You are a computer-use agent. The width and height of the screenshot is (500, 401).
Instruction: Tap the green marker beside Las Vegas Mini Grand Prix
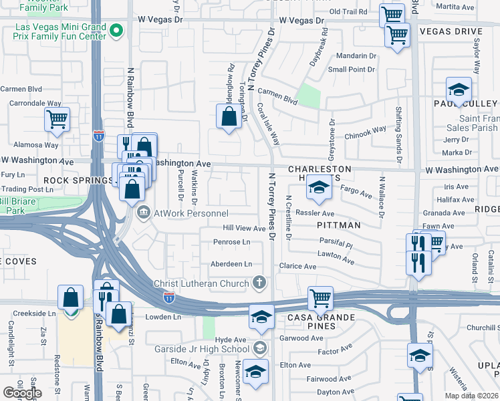pos(116,30)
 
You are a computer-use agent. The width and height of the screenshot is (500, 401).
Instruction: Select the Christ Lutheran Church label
pos(201,283)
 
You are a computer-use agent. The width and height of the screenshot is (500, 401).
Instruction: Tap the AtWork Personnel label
pos(191,213)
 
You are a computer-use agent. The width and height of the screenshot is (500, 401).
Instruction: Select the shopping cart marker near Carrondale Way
pos(57,120)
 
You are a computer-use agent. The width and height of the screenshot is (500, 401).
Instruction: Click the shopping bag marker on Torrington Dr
pos(229,117)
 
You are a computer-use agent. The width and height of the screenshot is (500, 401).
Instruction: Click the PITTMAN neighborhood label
pos(339,225)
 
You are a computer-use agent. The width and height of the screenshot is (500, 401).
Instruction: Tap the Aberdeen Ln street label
pos(231,264)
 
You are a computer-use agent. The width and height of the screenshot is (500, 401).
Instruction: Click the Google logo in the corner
pos(22,393)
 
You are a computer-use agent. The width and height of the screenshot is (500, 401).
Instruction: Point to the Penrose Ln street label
pos(232,241)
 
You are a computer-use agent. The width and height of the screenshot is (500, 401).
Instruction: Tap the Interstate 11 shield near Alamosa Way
pos(99,136)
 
